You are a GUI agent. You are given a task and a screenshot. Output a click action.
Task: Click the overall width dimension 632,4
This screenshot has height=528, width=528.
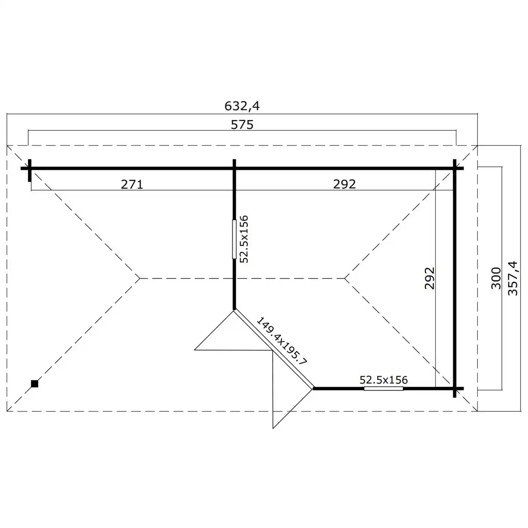click(242, 106)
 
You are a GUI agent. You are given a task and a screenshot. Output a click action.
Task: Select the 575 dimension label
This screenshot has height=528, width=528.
click(242, 125)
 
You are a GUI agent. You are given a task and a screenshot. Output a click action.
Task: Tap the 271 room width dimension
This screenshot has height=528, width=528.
click(132, 184)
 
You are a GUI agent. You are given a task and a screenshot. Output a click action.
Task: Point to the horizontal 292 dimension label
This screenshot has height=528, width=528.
click(345, 184)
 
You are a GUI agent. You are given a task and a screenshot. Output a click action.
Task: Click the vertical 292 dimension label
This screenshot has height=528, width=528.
click(429, 278)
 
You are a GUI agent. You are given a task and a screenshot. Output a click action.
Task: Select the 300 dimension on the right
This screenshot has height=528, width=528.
click(496, 278)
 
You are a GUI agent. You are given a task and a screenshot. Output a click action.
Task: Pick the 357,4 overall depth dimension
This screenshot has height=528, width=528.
click(513, 278)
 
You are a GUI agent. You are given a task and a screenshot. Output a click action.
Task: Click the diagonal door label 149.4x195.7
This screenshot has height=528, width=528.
click(282, 341)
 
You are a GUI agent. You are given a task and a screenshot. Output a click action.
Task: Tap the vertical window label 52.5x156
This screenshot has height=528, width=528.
click(244, 239)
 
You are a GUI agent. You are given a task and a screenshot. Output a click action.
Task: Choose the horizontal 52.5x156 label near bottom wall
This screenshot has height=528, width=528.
click(384, 380)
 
